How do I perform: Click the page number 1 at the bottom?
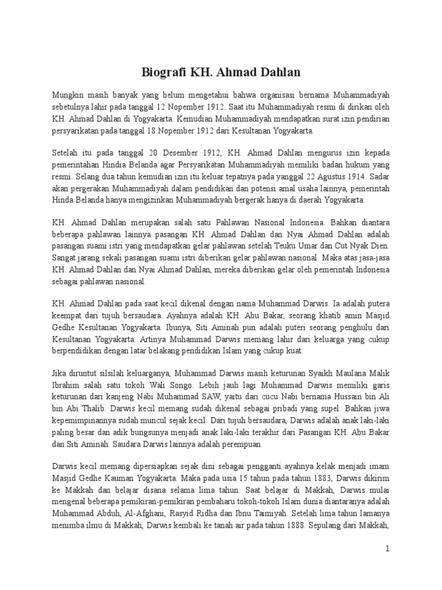(x=388, y=549)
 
